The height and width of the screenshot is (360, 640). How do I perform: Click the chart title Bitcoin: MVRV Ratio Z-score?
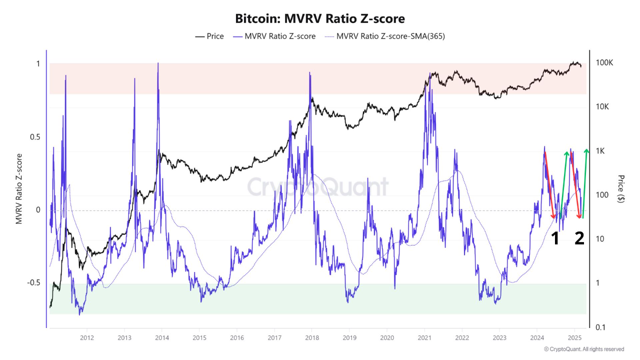(320, 18)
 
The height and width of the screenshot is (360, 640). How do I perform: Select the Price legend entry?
(209, 36)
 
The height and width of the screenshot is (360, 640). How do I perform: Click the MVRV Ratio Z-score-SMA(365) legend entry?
(384, 36)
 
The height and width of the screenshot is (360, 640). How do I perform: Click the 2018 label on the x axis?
(311, 337)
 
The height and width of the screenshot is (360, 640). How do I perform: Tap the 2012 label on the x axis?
(86, 337)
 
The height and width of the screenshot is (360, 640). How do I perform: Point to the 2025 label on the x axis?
(574, 337)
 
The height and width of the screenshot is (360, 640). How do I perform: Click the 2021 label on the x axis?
(424, 337)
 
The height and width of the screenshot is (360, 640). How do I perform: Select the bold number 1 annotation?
(555, 239)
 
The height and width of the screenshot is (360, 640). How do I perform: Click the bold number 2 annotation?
(579, 239)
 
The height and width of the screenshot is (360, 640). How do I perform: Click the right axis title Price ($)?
(621, 188)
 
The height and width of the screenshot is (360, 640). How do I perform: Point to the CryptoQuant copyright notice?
(583, 349)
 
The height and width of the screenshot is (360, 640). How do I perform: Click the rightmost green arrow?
(585, 183)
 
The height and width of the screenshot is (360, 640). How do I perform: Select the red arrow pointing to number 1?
(549, 185)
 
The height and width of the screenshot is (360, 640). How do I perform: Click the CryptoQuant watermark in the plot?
(318, 187)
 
